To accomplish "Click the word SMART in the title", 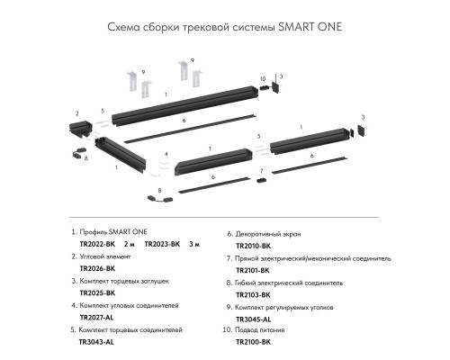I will pyautogui.click(x=293, y=26).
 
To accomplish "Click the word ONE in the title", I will pyautogui.click(x=328, y=26).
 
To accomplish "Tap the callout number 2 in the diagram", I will pyautogui.click(x=77, y=113).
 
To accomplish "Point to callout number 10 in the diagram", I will pyautogui.click(x=263, y=79).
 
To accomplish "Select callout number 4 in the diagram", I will pyautogui.click(x=166, y=153).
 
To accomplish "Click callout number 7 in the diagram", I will pyautogui.click(x=260, y=170).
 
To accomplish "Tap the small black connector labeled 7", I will pyautogui.click(x=261, y=180).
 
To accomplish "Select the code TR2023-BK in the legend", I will pyautogui.click(x=162, y=244).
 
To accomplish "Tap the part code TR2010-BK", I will pyautogui.click(x=254, y=244).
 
